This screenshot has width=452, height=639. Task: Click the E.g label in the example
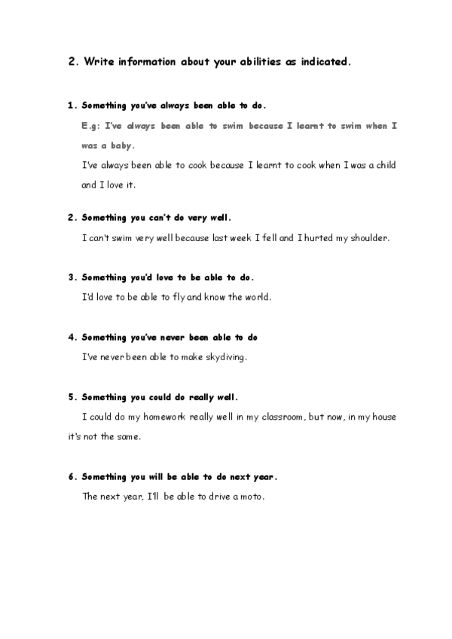(90, 125)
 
